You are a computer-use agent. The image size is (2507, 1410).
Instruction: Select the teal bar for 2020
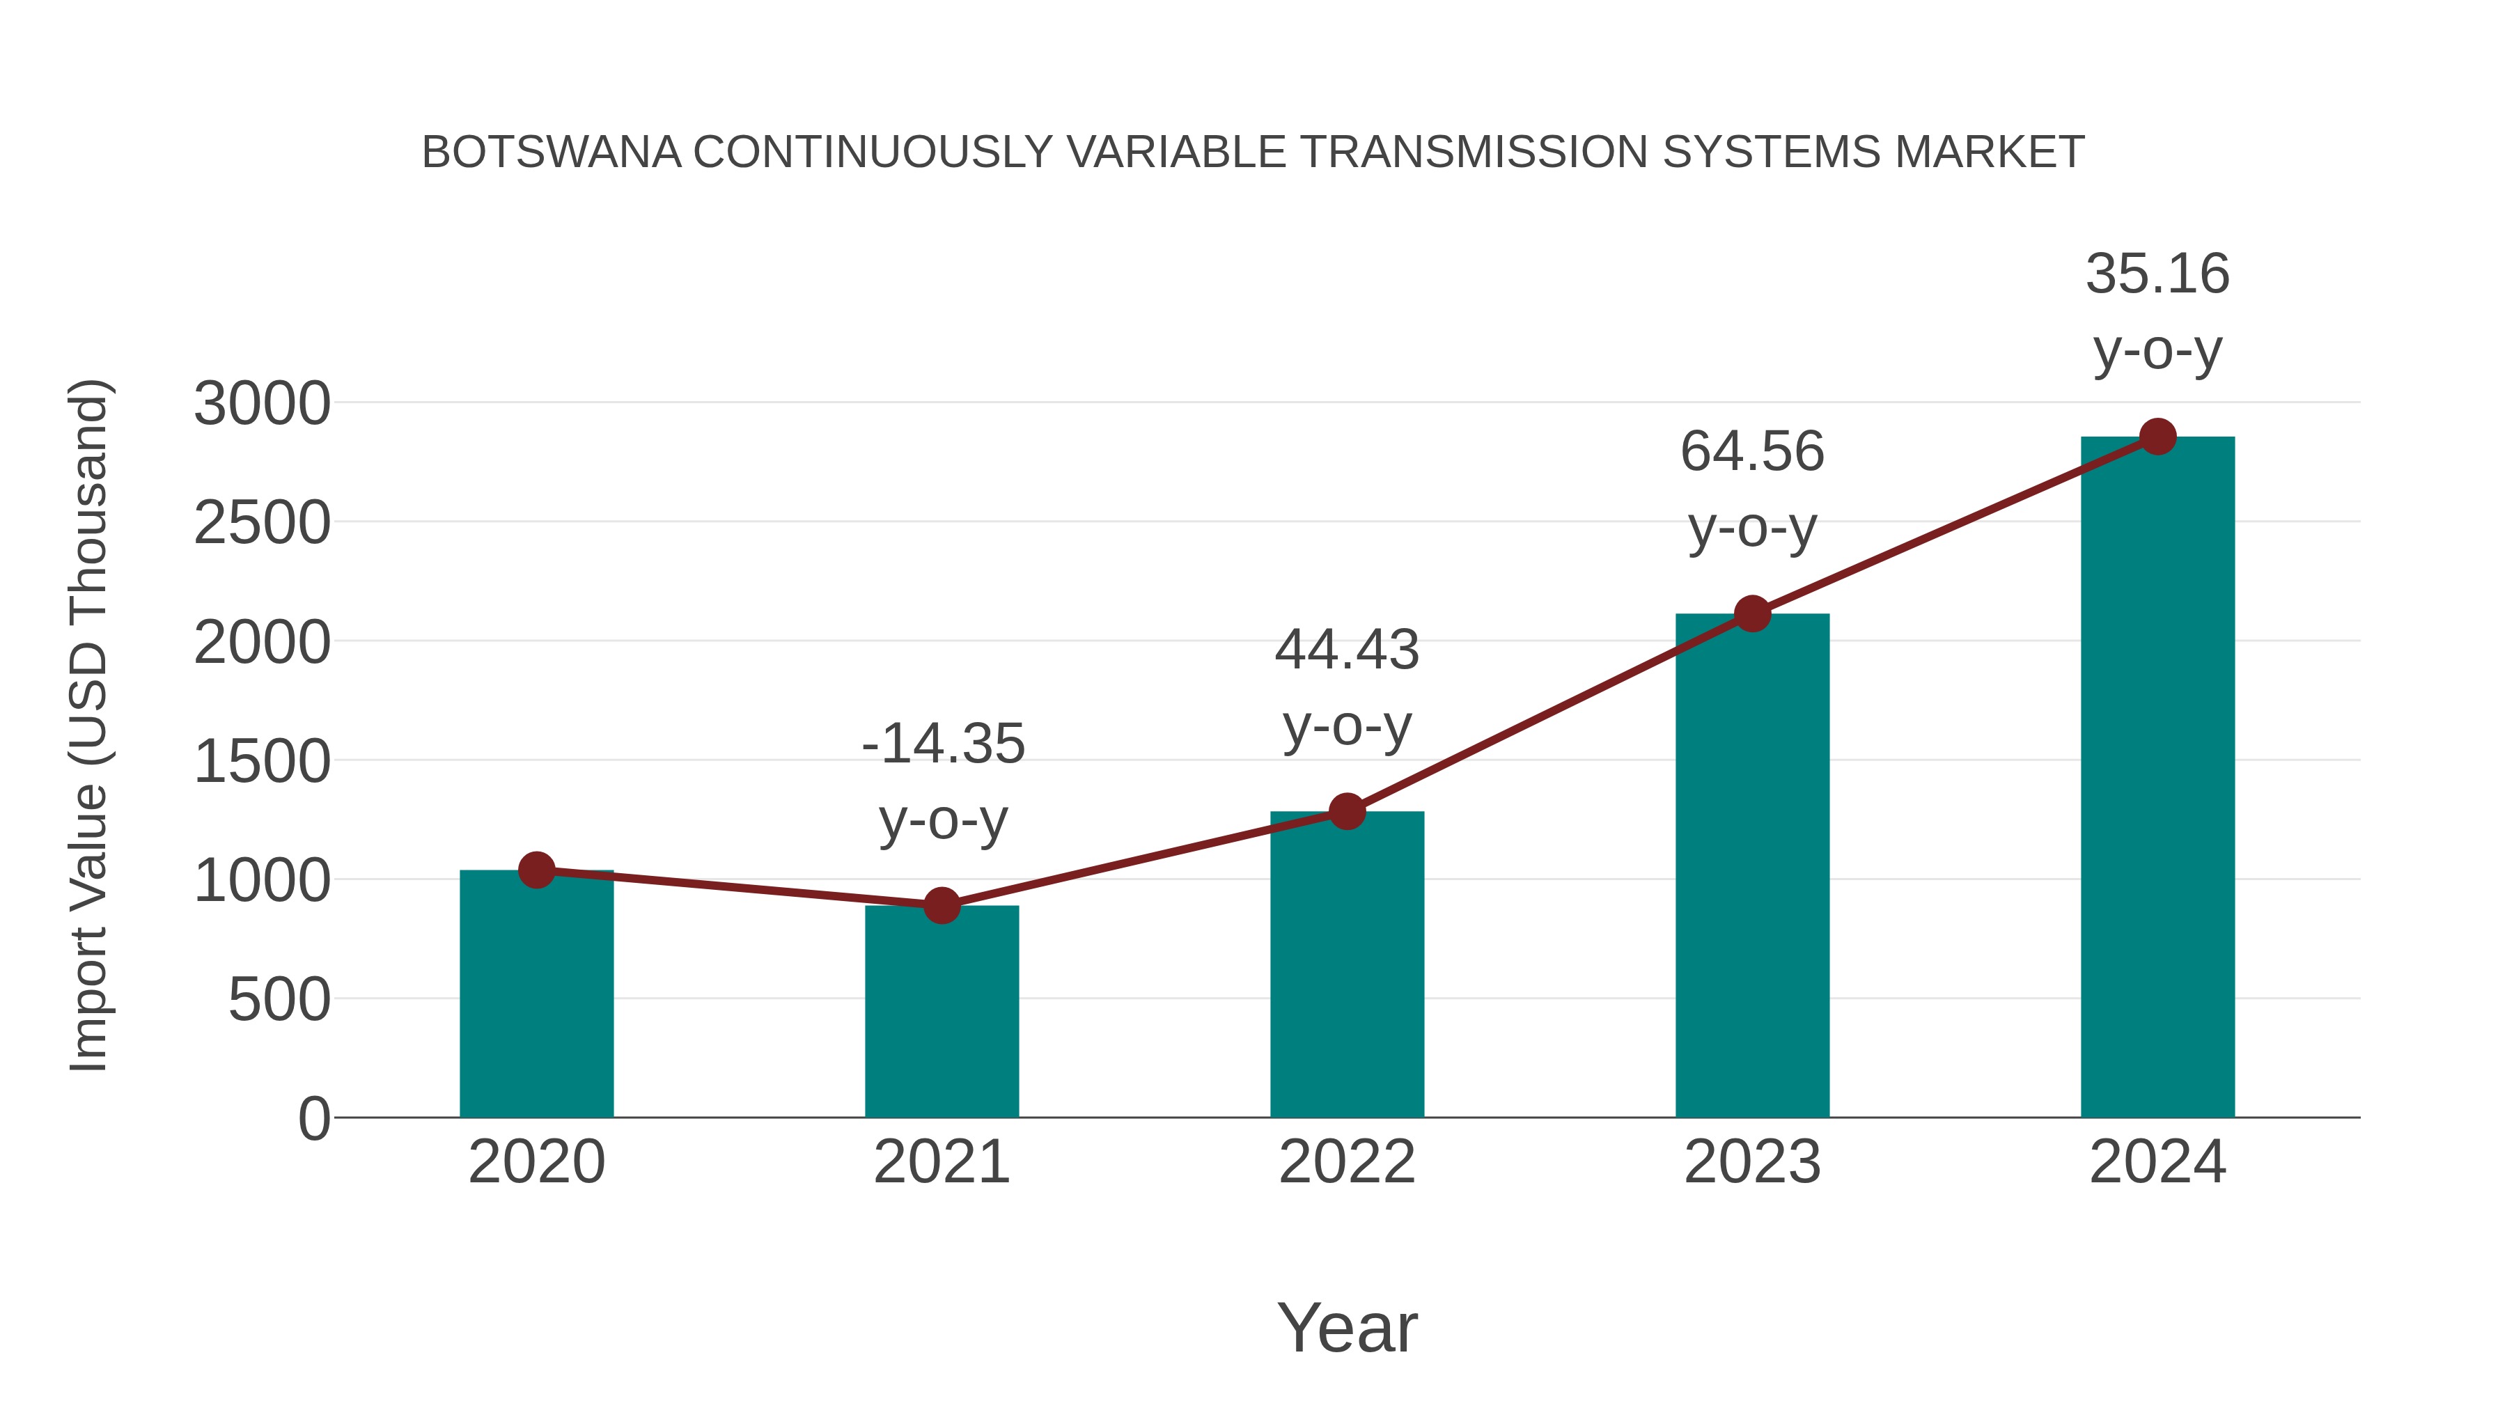point(536,1002)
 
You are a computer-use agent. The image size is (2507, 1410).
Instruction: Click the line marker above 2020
point(536,870)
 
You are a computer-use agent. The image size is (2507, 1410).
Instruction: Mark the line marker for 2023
point(1752,614)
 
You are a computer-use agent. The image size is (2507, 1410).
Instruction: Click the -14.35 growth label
point(943,744)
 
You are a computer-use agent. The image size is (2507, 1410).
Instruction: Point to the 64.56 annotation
point(1752,453)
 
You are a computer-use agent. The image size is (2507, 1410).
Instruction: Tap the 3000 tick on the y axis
point(262,404)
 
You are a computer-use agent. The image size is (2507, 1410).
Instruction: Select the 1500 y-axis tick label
point(262,762)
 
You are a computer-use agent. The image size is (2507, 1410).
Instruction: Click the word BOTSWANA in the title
point(551,152)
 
